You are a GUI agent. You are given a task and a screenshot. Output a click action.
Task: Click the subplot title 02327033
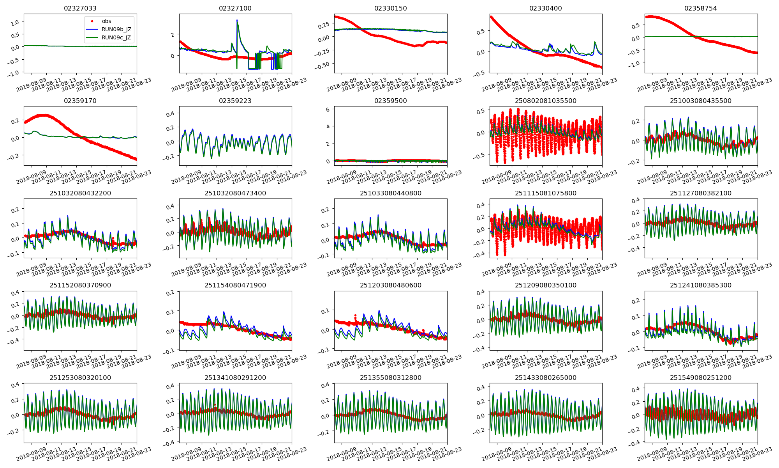point(80,8)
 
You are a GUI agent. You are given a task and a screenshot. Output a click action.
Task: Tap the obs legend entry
point(106,21)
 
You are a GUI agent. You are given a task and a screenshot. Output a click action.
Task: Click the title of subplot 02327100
point(235,8)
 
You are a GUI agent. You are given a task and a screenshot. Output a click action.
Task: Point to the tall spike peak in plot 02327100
point(237,20)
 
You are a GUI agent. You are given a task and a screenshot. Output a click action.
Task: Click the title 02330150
point(390,8)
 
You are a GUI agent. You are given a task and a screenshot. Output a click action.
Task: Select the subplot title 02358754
point(701,8)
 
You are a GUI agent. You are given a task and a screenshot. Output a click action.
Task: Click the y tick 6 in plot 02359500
point(328,110)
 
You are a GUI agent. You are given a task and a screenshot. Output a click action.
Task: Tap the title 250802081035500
point(546,101)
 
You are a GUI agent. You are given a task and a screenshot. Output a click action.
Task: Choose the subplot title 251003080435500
point(701,101)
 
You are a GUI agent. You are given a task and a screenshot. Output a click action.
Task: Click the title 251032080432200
point(80,193)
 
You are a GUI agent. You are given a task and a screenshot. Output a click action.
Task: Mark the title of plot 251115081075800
point(546,193)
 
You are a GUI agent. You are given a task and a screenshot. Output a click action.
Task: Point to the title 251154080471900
point(235,285)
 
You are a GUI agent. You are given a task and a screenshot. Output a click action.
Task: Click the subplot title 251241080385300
point(701,285)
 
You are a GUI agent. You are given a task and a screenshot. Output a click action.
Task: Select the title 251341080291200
point(235,378)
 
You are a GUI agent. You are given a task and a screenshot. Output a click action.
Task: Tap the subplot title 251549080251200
point(701,378)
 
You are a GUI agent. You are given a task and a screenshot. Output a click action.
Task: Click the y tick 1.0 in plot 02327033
point(15,23)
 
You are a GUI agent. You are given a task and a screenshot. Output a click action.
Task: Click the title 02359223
point(235,101)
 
